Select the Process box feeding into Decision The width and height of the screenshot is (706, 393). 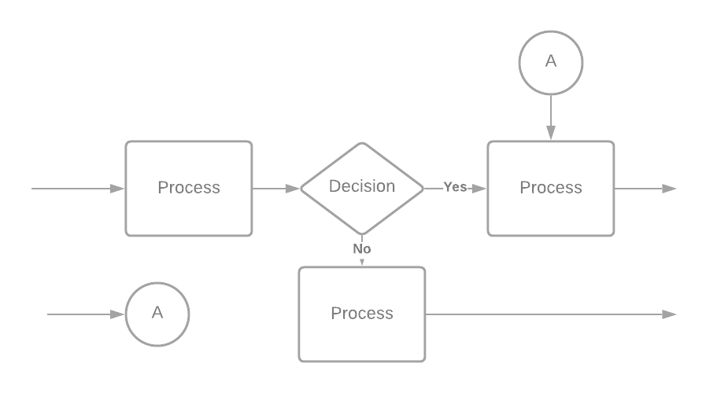tap(189, 189)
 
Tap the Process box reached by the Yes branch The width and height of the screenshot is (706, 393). tap(551, 189)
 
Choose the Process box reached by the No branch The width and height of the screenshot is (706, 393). tap(362, 314)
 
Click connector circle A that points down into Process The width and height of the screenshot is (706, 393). tap(551, 62)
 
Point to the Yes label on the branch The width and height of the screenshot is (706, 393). tap(454, 187)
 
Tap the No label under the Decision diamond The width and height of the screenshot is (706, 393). tap(362, 249)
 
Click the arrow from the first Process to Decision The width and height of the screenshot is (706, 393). tap(275, 189)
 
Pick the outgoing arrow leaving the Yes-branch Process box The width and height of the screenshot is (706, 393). tap(645, 189)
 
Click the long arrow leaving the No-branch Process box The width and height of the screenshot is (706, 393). tap(551, 314)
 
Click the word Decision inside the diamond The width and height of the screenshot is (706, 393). tap(362, 186)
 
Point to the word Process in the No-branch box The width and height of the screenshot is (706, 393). tap(362, 314)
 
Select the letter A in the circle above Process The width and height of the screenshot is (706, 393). tap(551, 61)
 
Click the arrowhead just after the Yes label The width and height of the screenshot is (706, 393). tap(479, 189)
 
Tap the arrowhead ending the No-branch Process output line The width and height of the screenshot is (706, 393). tap(670, 314)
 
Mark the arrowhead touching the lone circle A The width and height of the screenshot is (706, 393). tap(117, 314)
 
